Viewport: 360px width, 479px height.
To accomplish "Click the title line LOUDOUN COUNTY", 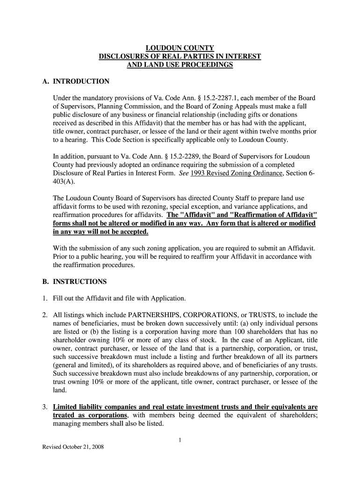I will pyautogui.click(x=180, y=48).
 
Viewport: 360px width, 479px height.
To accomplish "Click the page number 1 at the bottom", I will pyautogui.click(x=180, y=439).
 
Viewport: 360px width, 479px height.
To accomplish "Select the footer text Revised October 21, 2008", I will pyautogui.click(x=73, y=447).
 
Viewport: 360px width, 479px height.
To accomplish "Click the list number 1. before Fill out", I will pyautogui.click(x=45, y=298).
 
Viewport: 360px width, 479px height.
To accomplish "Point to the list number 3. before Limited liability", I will pyautogui.click(x=45, y=406).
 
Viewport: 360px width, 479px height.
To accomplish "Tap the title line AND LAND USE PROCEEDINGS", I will pyautogui.click(x=180, y=65).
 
